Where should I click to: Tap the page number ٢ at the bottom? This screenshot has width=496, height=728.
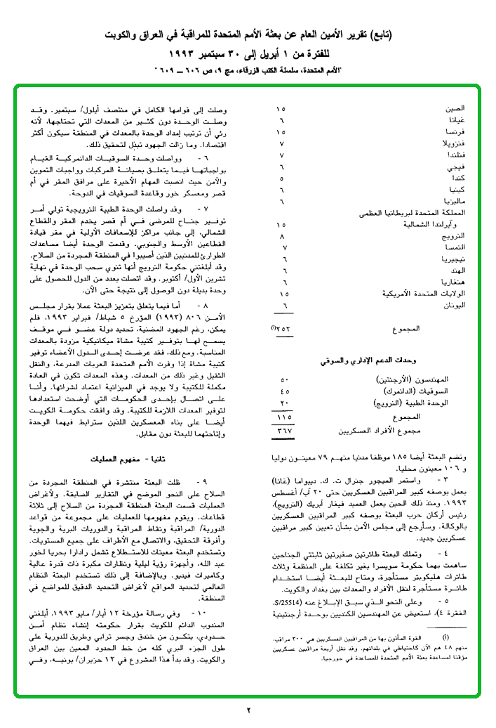click(248, 710)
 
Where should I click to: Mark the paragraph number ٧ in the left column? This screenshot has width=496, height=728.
click(204, 210)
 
